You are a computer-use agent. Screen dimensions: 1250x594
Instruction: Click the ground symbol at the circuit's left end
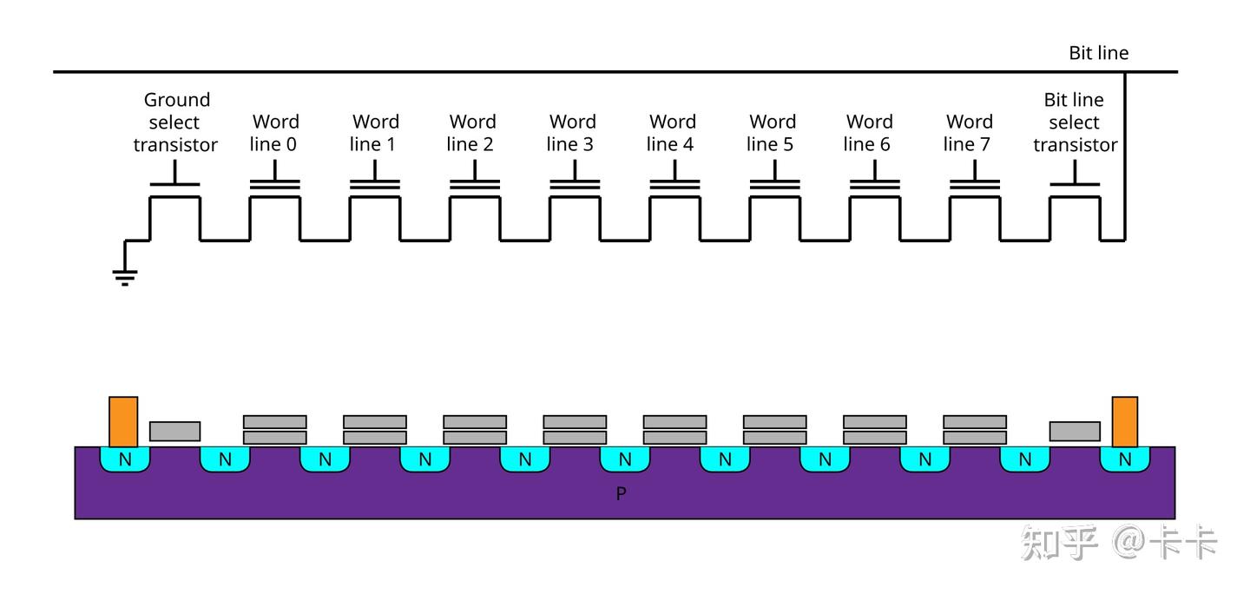(x=125, y=277)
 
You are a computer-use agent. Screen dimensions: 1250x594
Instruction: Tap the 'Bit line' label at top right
(x=1098, y=53)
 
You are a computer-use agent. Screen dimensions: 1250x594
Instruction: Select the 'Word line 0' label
(x=274, y=133)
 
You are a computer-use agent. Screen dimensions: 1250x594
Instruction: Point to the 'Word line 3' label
(x=571, y=133)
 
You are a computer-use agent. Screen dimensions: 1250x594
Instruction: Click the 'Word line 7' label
(x=968, y=133)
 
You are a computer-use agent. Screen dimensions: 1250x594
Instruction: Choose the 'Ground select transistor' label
(x=175, y=122)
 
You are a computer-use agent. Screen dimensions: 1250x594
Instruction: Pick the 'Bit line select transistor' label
(x=1075, y=122)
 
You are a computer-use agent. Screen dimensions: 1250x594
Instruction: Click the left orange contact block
(x=123, y=422)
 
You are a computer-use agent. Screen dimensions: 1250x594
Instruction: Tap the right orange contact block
(x=1125, y=422)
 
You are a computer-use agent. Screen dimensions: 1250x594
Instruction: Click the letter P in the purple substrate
(x=622, y=493)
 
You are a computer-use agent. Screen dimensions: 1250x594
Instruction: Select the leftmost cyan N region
(x=125, y=459)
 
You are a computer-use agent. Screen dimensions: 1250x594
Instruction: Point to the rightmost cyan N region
(x=1125, y=459)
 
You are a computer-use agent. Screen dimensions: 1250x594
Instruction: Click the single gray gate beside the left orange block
(x=174, y=432)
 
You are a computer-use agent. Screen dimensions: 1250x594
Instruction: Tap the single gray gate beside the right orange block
(x=1075, y=432)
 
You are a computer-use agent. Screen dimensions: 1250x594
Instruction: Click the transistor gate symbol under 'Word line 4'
(x=674, y=175)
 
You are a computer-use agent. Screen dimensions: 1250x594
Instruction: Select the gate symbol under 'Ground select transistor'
(x=174, y=173)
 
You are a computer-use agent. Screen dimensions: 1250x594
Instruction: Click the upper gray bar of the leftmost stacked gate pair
(x=275, y=421)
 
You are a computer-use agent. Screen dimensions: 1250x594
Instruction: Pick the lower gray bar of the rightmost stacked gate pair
(x=975, y=437)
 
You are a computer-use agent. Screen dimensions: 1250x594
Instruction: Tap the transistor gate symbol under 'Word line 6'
(x=874, y=175)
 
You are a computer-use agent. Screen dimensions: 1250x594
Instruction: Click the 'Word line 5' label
(x=771, y=133)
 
